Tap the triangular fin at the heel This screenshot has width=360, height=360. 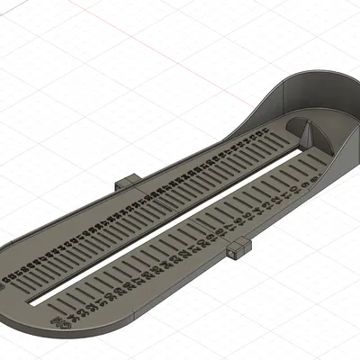tap(304, 135)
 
